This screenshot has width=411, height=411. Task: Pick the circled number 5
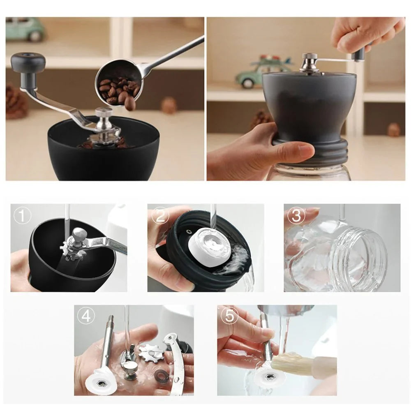tap(229, 316)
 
